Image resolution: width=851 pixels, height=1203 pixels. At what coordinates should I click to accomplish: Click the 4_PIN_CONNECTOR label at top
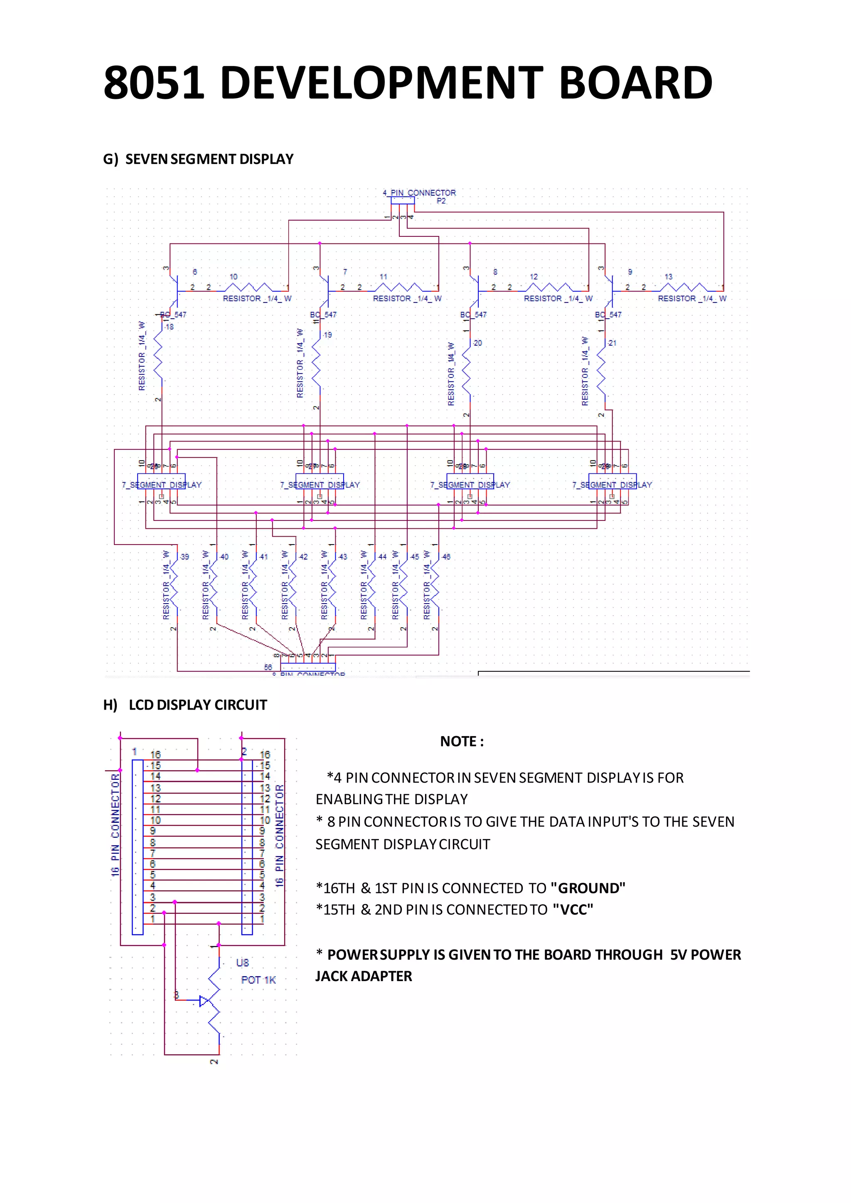[419, 193]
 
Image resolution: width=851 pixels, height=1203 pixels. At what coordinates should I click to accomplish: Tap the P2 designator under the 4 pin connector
[441, 201]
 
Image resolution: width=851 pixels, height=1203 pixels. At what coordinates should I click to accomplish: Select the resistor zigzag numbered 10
[248, 287]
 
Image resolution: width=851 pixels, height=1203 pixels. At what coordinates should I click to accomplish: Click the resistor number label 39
[184, 557]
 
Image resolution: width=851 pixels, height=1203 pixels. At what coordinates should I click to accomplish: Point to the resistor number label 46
[446, 557]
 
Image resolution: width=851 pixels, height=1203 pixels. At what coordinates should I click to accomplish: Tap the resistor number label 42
[303, 557]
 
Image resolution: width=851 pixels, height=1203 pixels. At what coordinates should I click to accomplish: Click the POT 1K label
[258, 980]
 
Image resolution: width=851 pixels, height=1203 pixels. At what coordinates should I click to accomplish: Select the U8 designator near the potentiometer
[242, 962]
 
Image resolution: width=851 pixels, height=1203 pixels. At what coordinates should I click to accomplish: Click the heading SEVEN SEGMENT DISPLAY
[209, 159]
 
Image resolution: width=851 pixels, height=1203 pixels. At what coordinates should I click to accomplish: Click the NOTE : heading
[462, 741]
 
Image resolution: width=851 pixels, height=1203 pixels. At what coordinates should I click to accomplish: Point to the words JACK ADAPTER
[364, 976]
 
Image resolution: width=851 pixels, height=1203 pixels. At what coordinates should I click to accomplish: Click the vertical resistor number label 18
[169, 327]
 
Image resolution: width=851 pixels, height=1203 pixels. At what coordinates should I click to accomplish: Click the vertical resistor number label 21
[612, 343]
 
